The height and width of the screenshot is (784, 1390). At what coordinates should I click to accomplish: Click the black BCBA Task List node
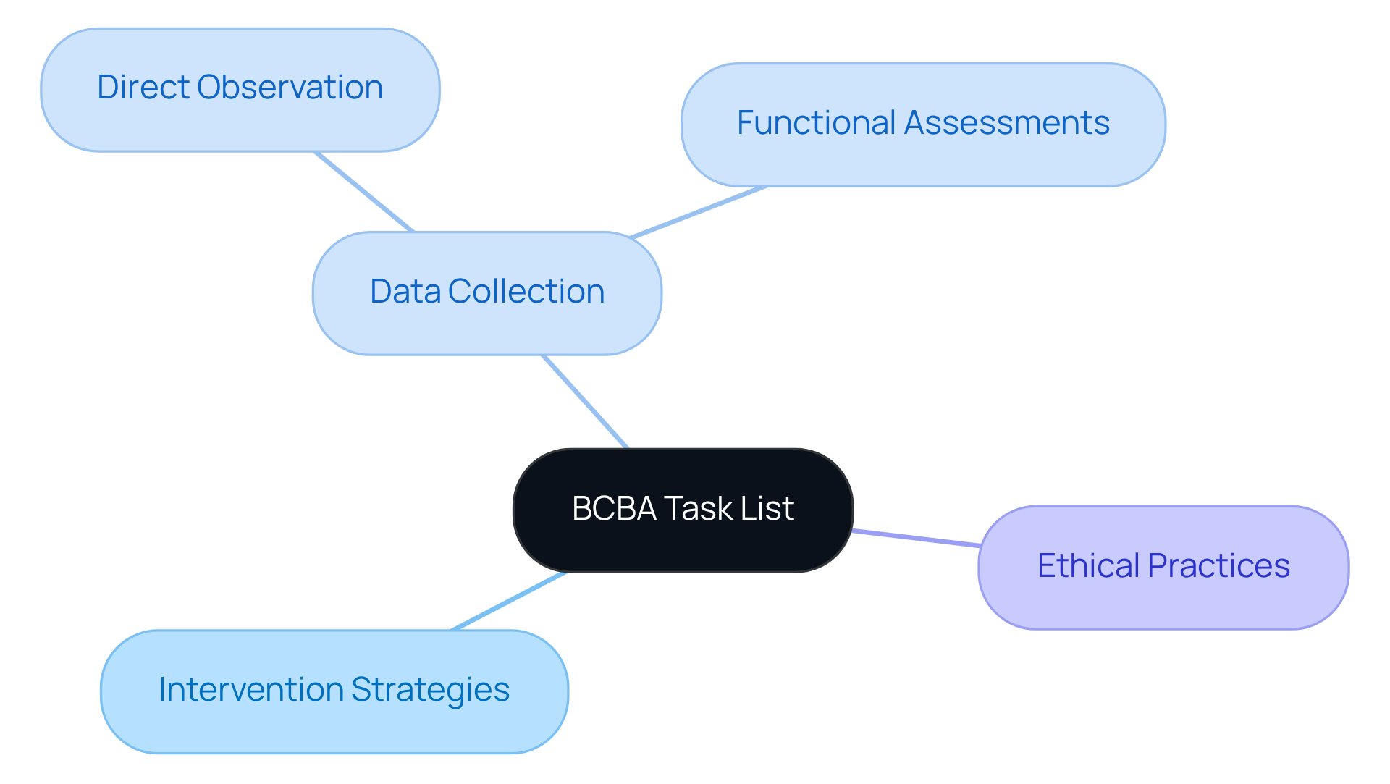[683, 510]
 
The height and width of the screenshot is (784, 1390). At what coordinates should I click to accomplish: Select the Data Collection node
[486, 292]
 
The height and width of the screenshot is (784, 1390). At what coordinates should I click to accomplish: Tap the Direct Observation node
[240, 89]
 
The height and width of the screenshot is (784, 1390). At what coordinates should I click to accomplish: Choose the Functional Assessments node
[923, 124]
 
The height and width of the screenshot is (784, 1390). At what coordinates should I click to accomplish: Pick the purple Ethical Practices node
[1163, 567]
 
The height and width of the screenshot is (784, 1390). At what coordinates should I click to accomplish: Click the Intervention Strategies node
[334, 691]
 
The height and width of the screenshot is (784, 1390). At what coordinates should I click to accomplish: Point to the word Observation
[290, 88]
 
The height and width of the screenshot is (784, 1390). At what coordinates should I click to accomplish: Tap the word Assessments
[1007, 123]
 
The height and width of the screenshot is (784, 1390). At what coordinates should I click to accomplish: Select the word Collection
[526, 292]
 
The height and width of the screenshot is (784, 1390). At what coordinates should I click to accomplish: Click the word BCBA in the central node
[614, 508]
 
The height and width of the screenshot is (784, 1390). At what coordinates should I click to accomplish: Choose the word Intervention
[250, 689]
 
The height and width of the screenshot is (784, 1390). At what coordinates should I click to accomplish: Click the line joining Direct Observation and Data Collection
[364, 192]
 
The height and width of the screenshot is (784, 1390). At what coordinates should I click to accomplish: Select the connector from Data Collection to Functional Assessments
[699, 212]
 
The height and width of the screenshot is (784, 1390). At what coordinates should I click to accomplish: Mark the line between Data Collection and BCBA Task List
[585, 402]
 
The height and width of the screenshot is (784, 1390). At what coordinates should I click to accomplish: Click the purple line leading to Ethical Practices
[916, 538]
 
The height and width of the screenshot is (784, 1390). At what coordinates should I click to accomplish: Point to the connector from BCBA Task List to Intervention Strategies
[509, 601]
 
